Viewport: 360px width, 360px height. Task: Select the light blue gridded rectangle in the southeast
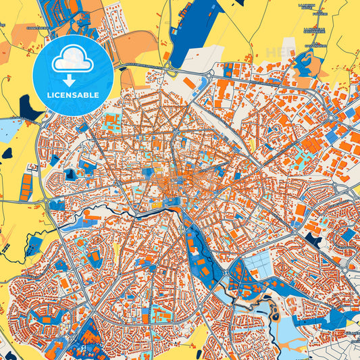click(x=261, y=266)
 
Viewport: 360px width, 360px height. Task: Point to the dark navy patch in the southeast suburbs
click(x=313, y=239)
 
